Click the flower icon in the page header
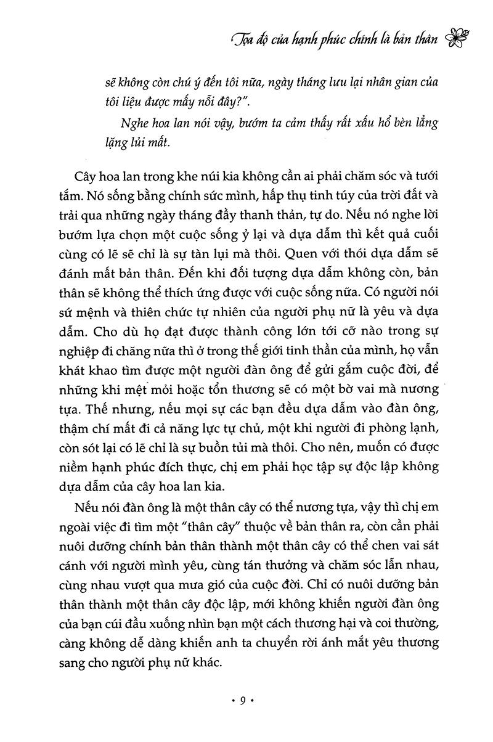[x=461, y=39]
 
